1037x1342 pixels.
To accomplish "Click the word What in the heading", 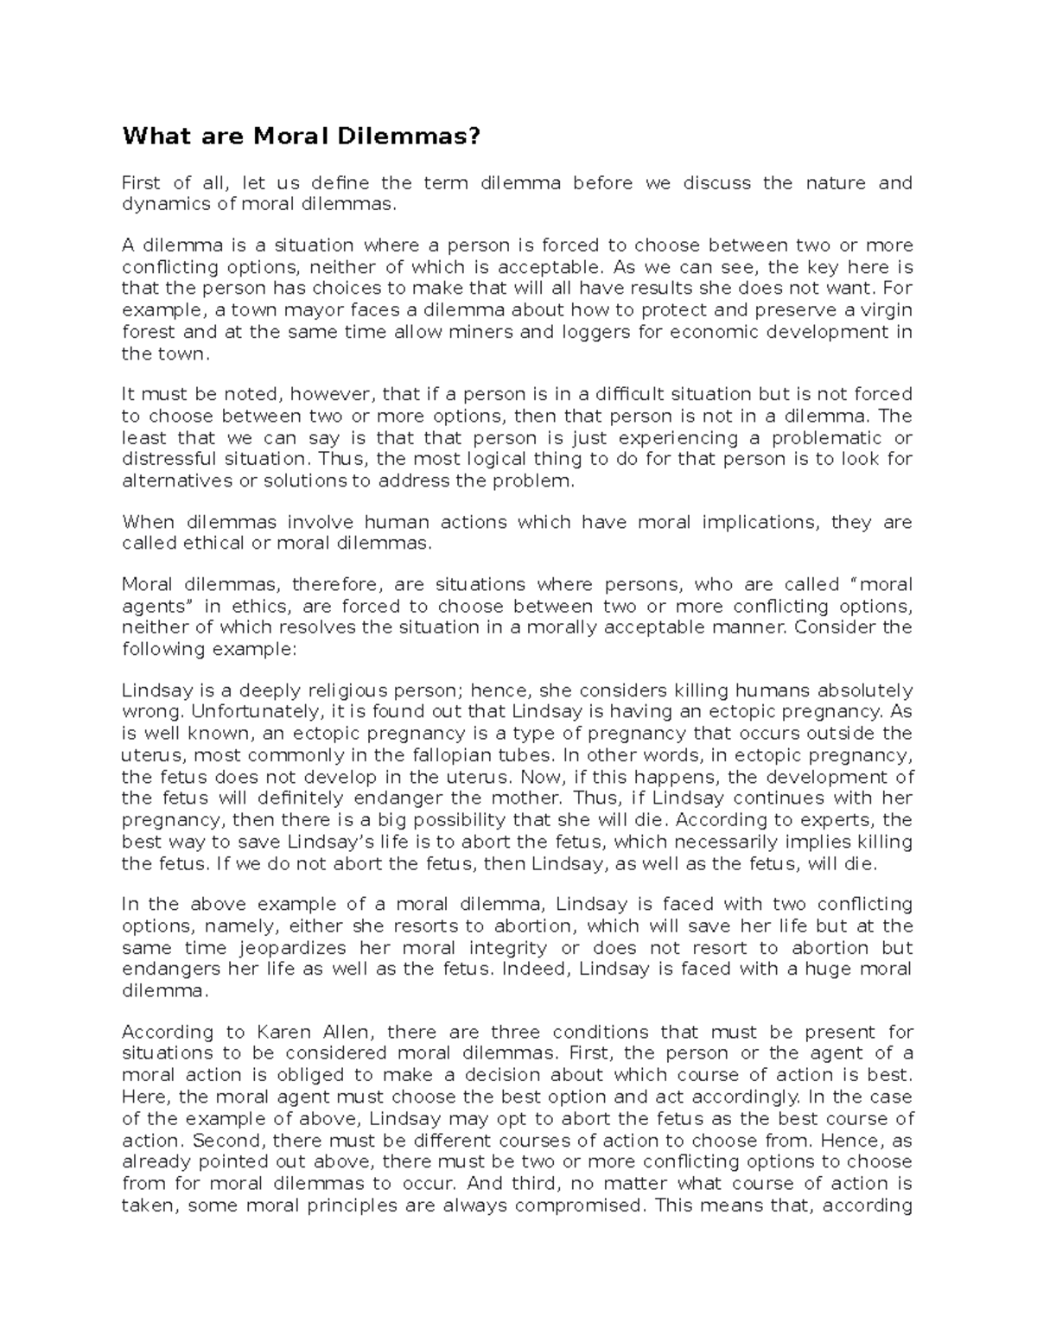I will click(x=150, y=137).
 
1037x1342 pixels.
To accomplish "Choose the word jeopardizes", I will click(x=281, y=947).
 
